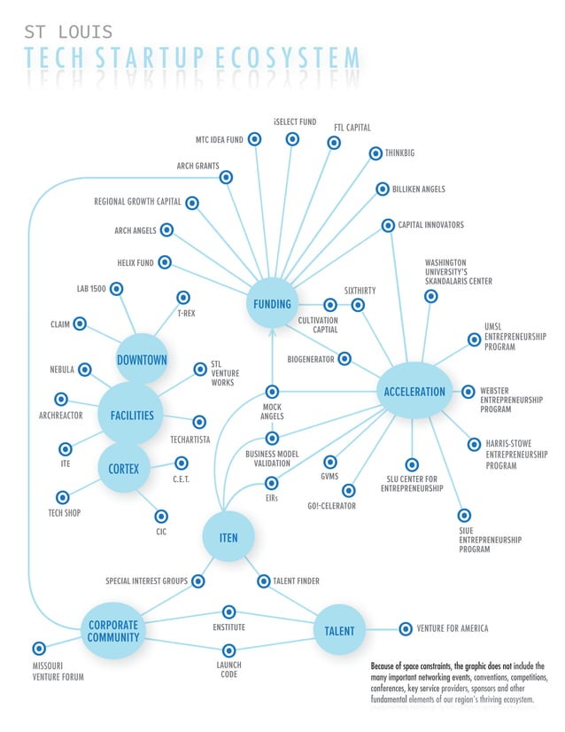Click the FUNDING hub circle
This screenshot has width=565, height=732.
coord(273,304)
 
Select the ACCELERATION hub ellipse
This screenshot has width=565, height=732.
coord(414,392)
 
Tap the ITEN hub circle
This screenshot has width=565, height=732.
coord(228,537)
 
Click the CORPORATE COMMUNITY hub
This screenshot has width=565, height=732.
coord(113,630)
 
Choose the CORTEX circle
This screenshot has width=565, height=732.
coord(124,468)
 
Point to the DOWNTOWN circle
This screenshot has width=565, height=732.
coord(142,360)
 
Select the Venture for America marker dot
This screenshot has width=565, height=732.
coord(406,628)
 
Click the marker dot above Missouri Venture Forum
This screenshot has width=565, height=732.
coord(39,649)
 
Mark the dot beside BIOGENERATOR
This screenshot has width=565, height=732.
coord(344,359)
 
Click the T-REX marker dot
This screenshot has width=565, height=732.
coord(183,298)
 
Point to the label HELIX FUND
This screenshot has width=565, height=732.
coord(135,263)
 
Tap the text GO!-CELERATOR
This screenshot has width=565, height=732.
coord(331,505)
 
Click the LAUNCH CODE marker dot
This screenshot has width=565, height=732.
coord(228,650)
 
